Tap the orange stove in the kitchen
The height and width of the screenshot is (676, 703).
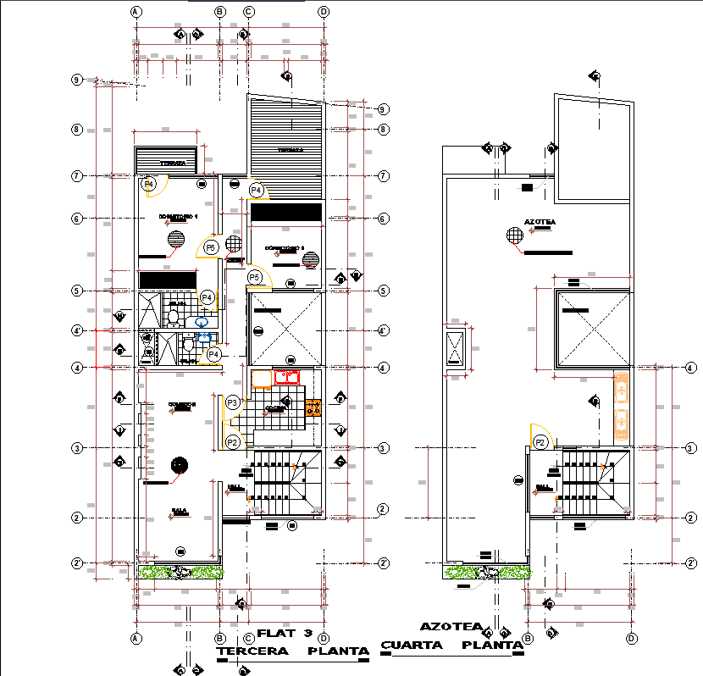coord(313,408)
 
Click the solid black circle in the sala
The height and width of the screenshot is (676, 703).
coord(179,464)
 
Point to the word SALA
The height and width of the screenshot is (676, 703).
coord(179,511)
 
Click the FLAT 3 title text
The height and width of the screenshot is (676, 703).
coord(285,633)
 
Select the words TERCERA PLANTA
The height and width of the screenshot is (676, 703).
coord(293,651)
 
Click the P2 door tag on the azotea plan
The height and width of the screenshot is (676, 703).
coord(540,441)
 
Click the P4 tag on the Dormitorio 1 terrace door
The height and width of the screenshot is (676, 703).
coord(149,183)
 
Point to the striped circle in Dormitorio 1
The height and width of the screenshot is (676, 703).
coord(175,238)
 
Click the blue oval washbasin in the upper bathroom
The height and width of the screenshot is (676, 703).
coord(202,322)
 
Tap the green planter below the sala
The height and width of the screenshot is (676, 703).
coord(180,572)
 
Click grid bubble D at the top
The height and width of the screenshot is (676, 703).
coord(324,12)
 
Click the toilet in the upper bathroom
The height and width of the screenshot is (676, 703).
coord(173,318)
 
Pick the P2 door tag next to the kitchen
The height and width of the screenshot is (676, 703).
coord(233,441)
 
